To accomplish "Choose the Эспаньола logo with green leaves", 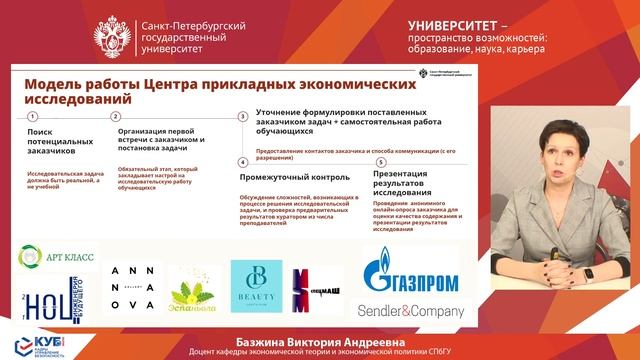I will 190,292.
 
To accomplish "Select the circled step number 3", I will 242,117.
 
